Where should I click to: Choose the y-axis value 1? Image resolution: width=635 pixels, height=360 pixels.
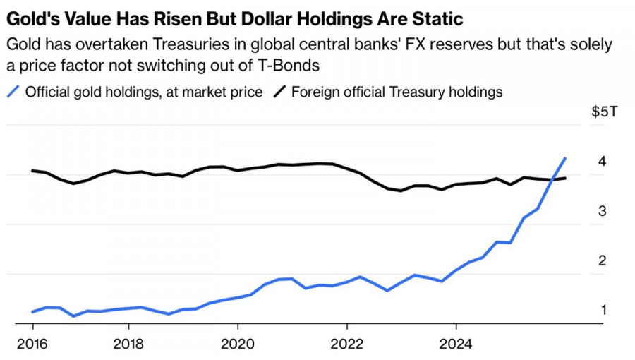pyautogui.click(x=603, y=310)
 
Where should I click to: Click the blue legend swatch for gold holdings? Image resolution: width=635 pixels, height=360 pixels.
pyautogui.click(x=12, y=92)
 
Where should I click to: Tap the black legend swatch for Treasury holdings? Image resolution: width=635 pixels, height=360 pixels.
pyautogui.click(x=279, y=92)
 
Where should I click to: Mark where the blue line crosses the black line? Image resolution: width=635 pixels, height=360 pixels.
pyautogui.click(x=553, y=179)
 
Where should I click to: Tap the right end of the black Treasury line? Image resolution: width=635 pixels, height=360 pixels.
pyautogui.click(x=566, y=178)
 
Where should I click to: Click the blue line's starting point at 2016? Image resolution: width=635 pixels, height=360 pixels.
pyautogui.click(x=32, y=311)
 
